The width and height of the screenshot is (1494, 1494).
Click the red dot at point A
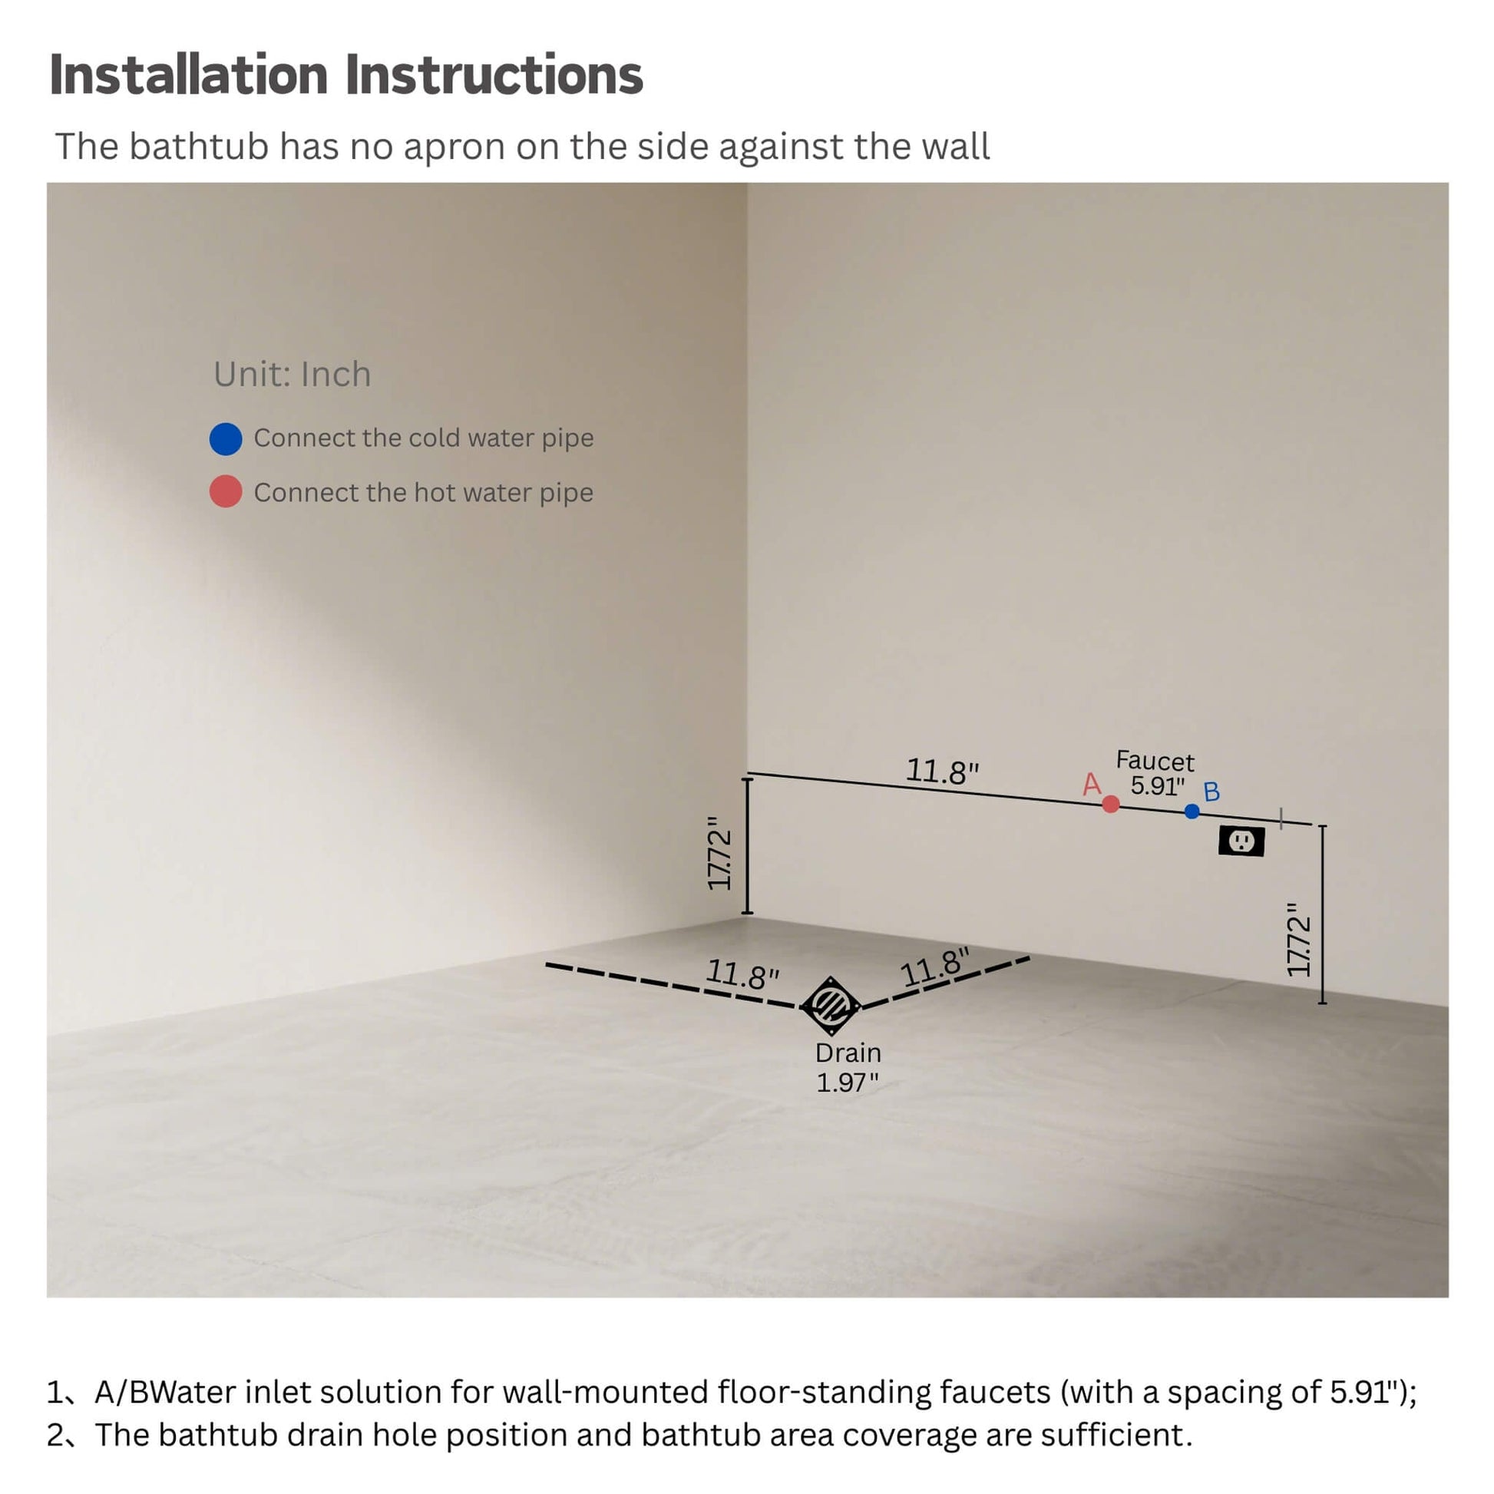tap(1110, 805)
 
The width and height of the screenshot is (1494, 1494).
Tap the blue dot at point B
tap(1192, 811)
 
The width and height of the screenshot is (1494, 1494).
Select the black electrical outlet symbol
tap(1241, 841)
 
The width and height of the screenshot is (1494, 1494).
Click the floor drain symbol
tap(831, 1006)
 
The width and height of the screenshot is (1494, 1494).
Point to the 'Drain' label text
tap(848, 1053)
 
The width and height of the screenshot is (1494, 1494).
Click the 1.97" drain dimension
tap(848, 1082)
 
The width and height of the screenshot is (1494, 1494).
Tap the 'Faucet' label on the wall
tap(1155, 761)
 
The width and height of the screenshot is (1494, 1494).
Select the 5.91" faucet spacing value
tap(1158, 785)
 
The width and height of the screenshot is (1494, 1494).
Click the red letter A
tap(1091, 784)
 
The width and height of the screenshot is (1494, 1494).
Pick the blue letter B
tap(1211, 792)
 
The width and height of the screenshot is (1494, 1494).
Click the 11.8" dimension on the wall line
tap(942, 772)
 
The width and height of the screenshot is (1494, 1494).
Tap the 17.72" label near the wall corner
tap(719, 853)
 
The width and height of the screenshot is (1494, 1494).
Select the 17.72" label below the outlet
tap(1298, 939)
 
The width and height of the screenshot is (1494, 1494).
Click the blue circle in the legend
tap(226, 438)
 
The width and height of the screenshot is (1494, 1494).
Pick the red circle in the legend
tap(226, 492)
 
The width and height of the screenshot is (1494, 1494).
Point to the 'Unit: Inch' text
tap(293, 375)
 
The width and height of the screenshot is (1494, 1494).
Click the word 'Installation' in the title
tap(189, 75)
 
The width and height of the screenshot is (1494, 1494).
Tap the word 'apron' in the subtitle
tap(459, 147)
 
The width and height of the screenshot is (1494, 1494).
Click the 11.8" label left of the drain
tap(742, 973)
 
